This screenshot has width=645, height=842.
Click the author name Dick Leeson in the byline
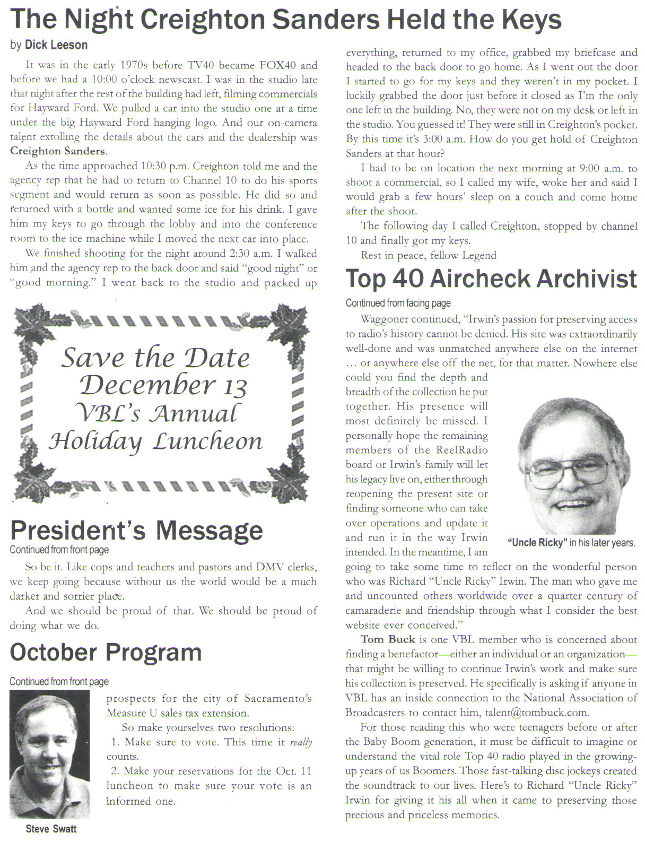(x=56, y=45)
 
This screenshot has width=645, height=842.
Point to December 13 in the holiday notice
(x=163, y=385)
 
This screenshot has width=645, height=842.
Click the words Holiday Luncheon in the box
(x=155, y=441)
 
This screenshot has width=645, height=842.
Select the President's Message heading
(x=136, y=530)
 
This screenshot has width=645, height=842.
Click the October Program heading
(x=106, y=652)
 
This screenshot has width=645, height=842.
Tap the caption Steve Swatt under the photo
(x=51, y=829)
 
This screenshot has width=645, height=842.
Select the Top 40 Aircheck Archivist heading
(x=491, y=279)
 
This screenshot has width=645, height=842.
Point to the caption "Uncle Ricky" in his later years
(x=571, y=543)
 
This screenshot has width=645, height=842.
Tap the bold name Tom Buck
(x=388, y=640)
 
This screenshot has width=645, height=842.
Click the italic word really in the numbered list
(x=301, y=742)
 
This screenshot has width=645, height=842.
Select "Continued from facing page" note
(x=398, y=303)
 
